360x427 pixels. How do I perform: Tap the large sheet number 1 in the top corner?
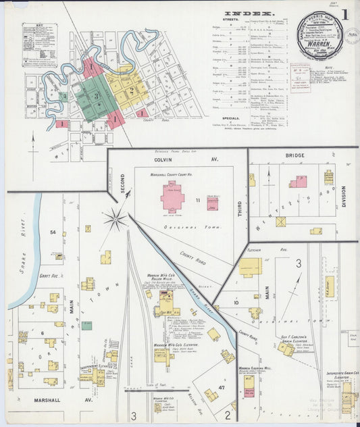(x=345, y=14)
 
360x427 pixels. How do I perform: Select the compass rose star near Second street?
(x=115, y=219)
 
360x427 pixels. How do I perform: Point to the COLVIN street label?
(x=165, y=160)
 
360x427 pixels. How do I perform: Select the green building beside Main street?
(x=86, y=325)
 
